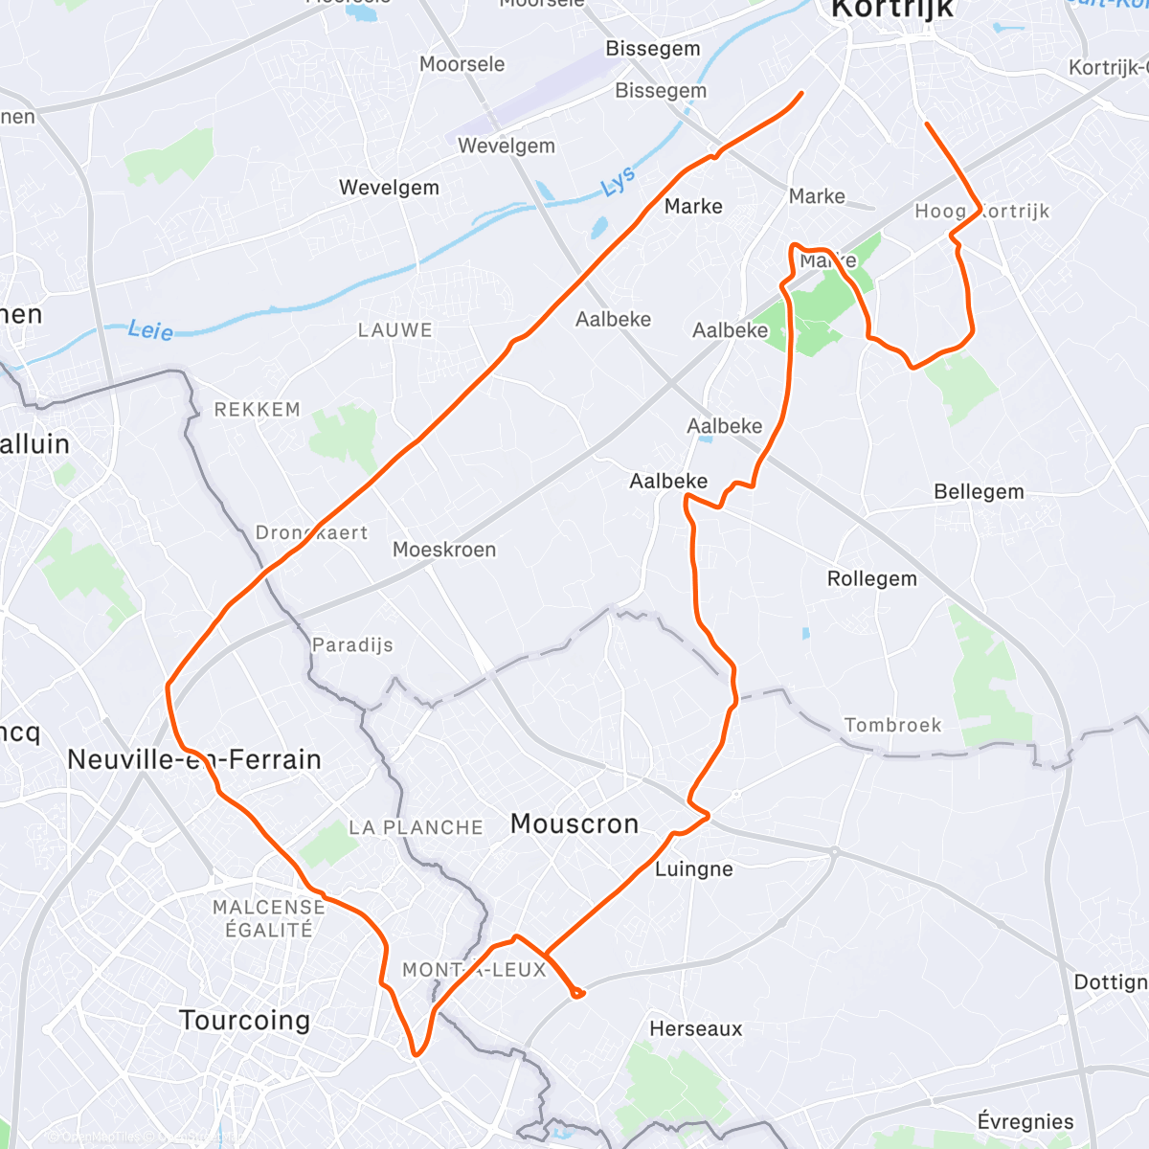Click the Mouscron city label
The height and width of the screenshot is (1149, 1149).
point(574,823)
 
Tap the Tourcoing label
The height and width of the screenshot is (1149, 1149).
point(245,1021)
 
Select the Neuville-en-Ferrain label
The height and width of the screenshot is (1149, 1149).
point(194,760)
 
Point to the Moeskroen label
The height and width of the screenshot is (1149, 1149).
point(444,550)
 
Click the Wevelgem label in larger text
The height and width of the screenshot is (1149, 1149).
point(389,188)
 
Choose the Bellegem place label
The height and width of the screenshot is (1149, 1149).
point(979,492)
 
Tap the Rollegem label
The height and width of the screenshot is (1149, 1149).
point(871,578)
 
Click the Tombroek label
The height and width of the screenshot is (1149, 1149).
point(892,725)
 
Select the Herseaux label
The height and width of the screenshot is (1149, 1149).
point(695,1029)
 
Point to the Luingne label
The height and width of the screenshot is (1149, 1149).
point(694,869)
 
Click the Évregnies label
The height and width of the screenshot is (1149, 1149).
point(1025,1121)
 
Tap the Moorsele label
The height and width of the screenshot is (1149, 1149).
point(462,64)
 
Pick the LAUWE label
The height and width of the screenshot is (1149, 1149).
point(394,330)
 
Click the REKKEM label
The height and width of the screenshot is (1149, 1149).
point(257,410)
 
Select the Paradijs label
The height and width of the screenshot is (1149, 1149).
point(352,644)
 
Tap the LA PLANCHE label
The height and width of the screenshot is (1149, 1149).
point(416,827)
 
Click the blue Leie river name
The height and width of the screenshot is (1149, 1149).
point(150,331)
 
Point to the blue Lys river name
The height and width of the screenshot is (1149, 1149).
point(619,182)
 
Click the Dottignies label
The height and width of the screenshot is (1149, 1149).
point(1111,982)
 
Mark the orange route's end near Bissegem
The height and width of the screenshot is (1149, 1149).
point(801,93)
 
